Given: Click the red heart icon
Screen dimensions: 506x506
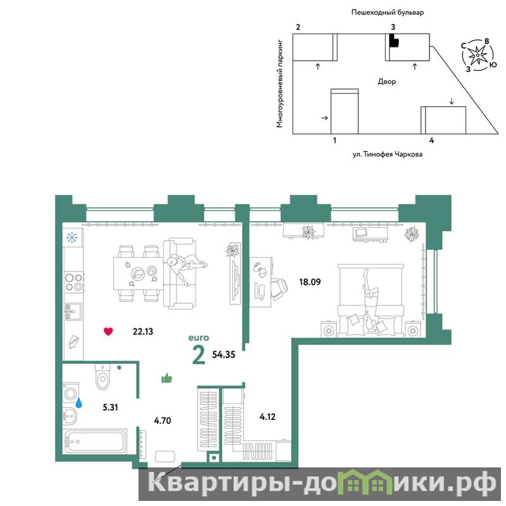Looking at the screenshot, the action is coord(108,331).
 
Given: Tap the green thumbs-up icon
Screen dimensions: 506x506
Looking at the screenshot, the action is coord(166,378).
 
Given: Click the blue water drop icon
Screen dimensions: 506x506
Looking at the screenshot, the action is coord(78,402).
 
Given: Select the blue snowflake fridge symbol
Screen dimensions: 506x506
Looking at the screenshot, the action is coord(72,238).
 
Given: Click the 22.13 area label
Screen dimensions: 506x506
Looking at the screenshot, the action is coord(143,331).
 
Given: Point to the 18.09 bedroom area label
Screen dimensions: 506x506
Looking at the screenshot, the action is coord(310,282).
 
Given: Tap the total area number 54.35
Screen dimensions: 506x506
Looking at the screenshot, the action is coord(224,355).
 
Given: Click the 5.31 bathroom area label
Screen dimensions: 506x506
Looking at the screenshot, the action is coord(110,407).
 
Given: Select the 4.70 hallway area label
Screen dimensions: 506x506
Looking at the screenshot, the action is coord(163,421).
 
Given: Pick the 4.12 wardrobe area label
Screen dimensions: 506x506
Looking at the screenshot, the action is coord(268,417).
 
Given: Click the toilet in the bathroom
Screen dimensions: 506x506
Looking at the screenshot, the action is coord(103,376).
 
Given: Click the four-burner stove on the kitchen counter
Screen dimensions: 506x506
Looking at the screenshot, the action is coord(74,282).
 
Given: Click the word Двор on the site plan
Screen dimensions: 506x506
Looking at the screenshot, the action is coord(386,82).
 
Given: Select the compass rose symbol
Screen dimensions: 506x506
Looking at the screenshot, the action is coord(477,56).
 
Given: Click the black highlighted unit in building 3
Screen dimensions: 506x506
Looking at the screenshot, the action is coord(394,40).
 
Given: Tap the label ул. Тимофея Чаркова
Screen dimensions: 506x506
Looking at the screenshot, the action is coord(387,154).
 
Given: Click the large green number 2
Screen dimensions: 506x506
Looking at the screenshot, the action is coord(198,355).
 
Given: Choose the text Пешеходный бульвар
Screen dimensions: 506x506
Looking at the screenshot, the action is coord(387,13).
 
